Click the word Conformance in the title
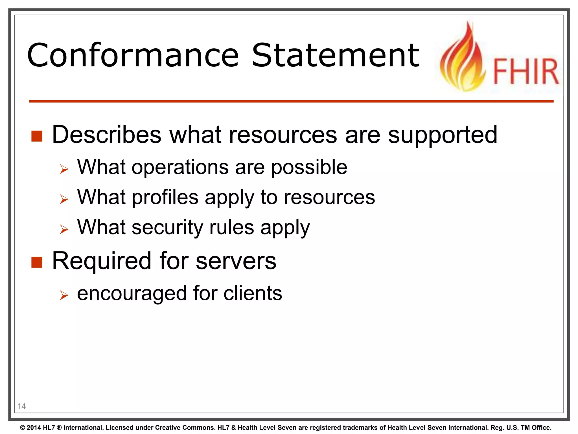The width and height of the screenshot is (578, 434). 133,55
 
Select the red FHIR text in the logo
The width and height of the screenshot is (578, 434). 526,71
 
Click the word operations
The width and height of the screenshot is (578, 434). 180,167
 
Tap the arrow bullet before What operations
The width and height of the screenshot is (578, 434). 64,169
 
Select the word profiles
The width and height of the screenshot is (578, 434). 165,198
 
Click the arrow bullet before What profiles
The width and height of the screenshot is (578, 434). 64,199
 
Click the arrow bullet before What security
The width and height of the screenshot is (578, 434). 64,229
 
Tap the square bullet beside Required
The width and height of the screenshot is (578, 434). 37,262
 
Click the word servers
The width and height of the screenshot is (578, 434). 236,261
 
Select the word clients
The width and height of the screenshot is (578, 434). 253,293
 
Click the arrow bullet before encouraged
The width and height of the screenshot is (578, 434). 64,296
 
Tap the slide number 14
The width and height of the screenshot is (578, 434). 21,406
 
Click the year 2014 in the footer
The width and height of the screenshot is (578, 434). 34,428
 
